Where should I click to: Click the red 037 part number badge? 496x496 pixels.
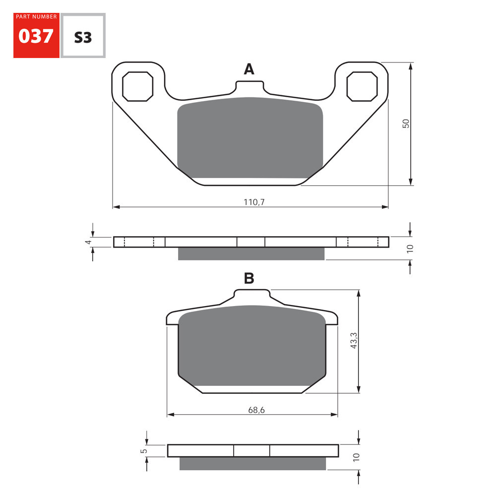36,36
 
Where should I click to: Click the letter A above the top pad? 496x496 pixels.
248,69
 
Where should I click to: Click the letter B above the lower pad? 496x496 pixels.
249,279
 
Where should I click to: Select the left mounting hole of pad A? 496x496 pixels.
137,86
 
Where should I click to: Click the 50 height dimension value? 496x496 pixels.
406,124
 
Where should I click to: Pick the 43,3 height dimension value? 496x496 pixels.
354,341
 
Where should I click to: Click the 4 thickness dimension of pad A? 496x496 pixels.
88,242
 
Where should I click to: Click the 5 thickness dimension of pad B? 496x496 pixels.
143,450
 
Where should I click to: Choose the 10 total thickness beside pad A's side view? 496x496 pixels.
410,248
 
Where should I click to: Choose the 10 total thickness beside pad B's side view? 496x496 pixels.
356,457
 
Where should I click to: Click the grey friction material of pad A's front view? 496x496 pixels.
250,136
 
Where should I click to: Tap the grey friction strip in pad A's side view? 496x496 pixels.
251,253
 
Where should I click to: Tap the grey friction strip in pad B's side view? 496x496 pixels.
252,463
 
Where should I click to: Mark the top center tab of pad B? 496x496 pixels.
252,296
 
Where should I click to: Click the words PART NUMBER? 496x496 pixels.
36,17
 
